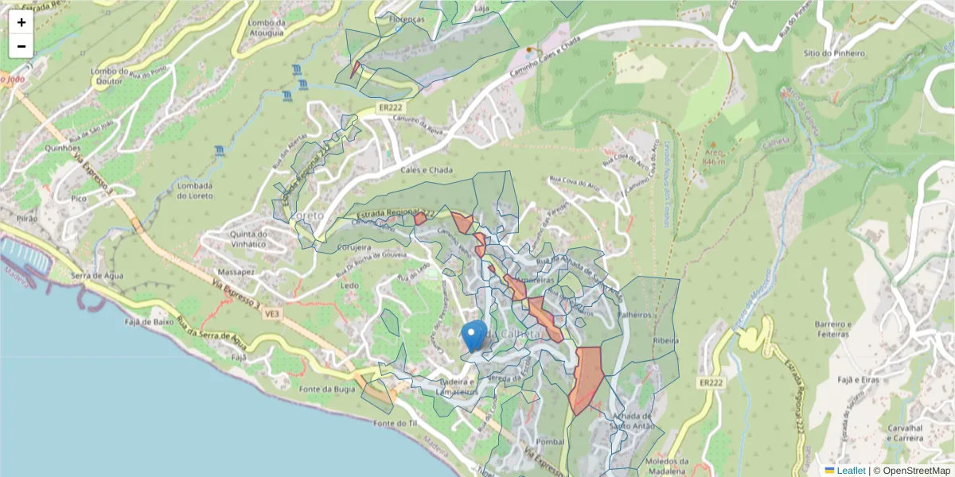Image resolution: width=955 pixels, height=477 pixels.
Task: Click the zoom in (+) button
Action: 21,22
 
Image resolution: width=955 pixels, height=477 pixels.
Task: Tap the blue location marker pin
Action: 474,336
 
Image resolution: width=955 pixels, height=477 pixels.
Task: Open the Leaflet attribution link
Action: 850,471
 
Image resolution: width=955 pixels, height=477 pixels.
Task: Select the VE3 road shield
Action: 272,314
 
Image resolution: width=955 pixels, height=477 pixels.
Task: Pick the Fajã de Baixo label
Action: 149,322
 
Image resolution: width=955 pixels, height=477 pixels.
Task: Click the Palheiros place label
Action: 634,315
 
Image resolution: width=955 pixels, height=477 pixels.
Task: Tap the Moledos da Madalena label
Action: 667,466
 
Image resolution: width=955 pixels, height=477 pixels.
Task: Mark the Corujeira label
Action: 356,247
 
